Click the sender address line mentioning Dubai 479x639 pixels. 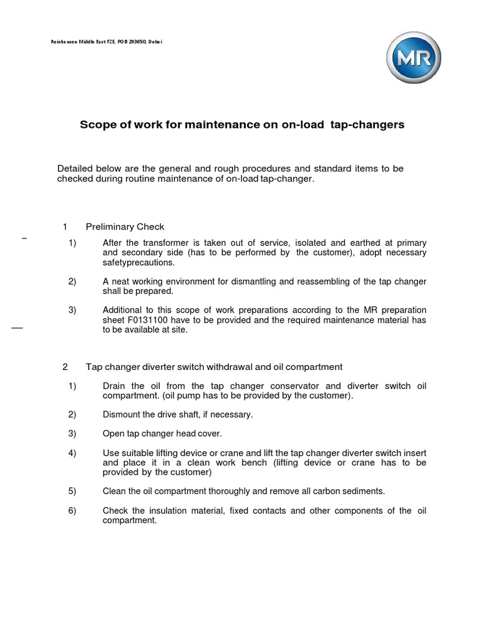pos(107,42)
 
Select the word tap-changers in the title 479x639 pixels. pos(370,125)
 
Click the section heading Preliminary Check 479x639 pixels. pos(125,227)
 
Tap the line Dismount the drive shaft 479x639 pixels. pos(178,414)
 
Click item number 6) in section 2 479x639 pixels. pos(72,510)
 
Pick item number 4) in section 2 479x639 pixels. pos(72,452)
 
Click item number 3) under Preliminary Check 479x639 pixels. pos(72,310)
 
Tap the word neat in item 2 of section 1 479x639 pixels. pos(122,281)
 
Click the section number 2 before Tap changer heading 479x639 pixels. pos(65,366)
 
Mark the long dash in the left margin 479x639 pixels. pos(17,327)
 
